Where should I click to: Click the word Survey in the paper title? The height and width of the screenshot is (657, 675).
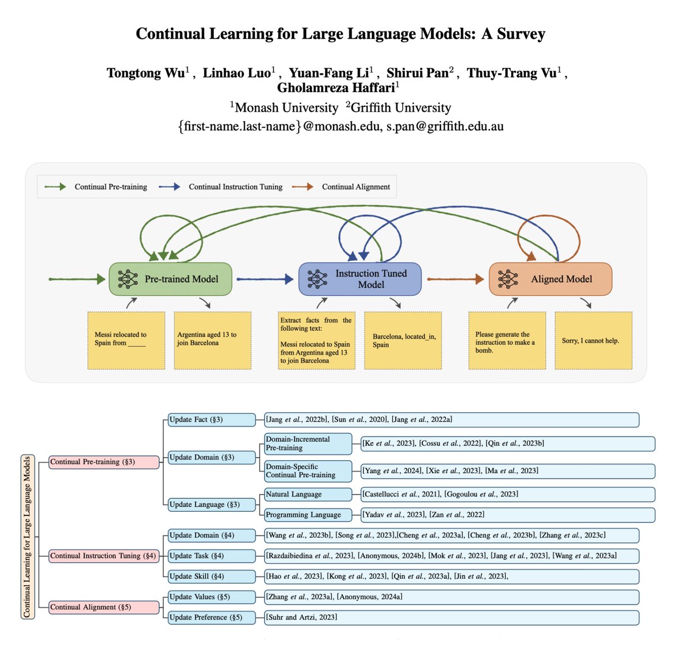pyautogui.click(x=521, y=34)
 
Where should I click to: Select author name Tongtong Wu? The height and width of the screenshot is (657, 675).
pyautogui.click(x=146, y=73)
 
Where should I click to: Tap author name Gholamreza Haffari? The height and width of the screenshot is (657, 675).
pyautogui.click(x=335, y=88)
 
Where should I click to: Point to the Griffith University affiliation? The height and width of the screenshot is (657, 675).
pyautogui.click(x=401, y=107)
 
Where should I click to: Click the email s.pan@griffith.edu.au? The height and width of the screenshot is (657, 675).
pyautogui.click(x=444, y=126)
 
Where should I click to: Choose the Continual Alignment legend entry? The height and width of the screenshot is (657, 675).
pyautogui.click(x=355, y=187)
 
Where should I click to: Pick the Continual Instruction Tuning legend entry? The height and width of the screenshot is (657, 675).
pyautogui.click(x=235, y=187)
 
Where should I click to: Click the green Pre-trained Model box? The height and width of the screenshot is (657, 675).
pyautogui.click(x=170, y=279)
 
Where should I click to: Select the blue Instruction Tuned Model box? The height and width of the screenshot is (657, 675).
pyautogui.click(x=360, y=279)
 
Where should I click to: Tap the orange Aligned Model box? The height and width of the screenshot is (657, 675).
pyautogui.click(x=550, y=279)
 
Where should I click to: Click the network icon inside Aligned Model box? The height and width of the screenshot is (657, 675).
pyautogui.click(x=508, y=279)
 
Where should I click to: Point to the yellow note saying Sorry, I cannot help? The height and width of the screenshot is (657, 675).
pyautogui.click(x=593, y=341)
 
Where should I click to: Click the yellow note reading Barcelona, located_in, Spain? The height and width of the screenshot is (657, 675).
pyautogui.click(x=403, y=341)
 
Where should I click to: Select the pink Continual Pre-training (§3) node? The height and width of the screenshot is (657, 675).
pyautogui.click(x=103, y=462)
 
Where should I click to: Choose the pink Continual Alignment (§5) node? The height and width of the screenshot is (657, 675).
pyautogui.click(x=103, y=607)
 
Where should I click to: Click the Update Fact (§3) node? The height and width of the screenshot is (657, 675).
pyautogui.click(x=211, y=420)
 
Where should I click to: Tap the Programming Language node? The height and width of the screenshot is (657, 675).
pyautogui.click(x=308, y=515)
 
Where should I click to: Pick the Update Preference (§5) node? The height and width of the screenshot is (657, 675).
pyautogui.click(x=211, y=617)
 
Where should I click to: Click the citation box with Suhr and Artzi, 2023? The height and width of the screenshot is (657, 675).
pyautogui.click(x=451, y=617)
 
